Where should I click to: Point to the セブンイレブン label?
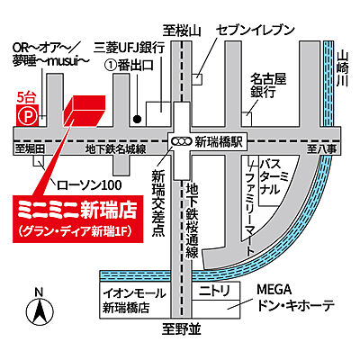click(x=256, y=30)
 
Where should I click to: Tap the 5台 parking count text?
click(x=25, y=94)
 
